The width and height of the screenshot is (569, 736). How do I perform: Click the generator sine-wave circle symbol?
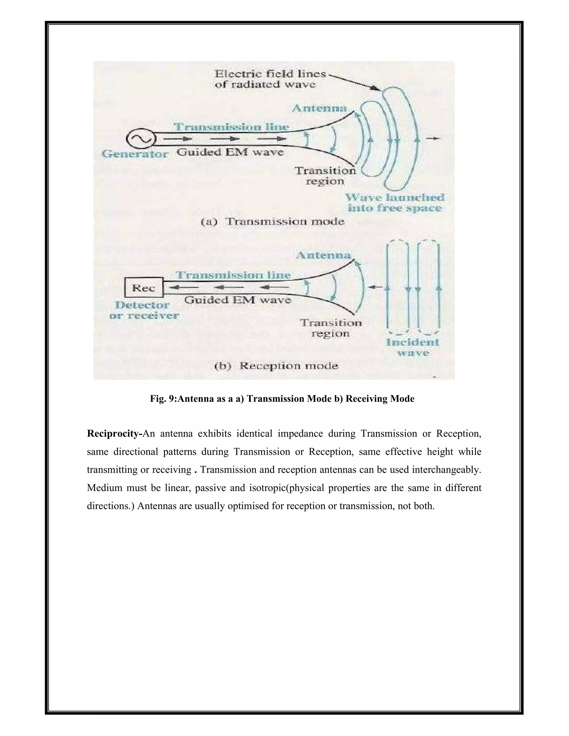pyautogui.click(x=141, y=139)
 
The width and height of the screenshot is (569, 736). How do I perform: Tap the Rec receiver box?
pyautogui.click(x=144, y=288)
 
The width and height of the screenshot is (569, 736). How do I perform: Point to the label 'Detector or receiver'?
pyautogui.click(x=144, y=311)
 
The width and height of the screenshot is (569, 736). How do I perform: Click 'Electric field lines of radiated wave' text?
pyautogui.click(x=270, y=79)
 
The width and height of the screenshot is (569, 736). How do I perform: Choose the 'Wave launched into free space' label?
pyautogui.click(x=395, y=202)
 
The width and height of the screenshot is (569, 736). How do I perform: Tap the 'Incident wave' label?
pyautogui.click(x=413, y=347)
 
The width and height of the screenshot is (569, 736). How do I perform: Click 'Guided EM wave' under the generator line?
pyautogui.click(x=230, y=152)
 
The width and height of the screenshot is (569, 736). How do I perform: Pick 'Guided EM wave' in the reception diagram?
pyautogui.click(x=238, y=300)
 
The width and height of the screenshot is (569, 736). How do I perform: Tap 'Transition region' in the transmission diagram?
pyautogui.click(x=325, y=176)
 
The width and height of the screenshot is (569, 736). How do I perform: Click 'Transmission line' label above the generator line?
pyautogui.click(x=231, y=127)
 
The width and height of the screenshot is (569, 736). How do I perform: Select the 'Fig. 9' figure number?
pyautogui.click(x=163, y=399)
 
